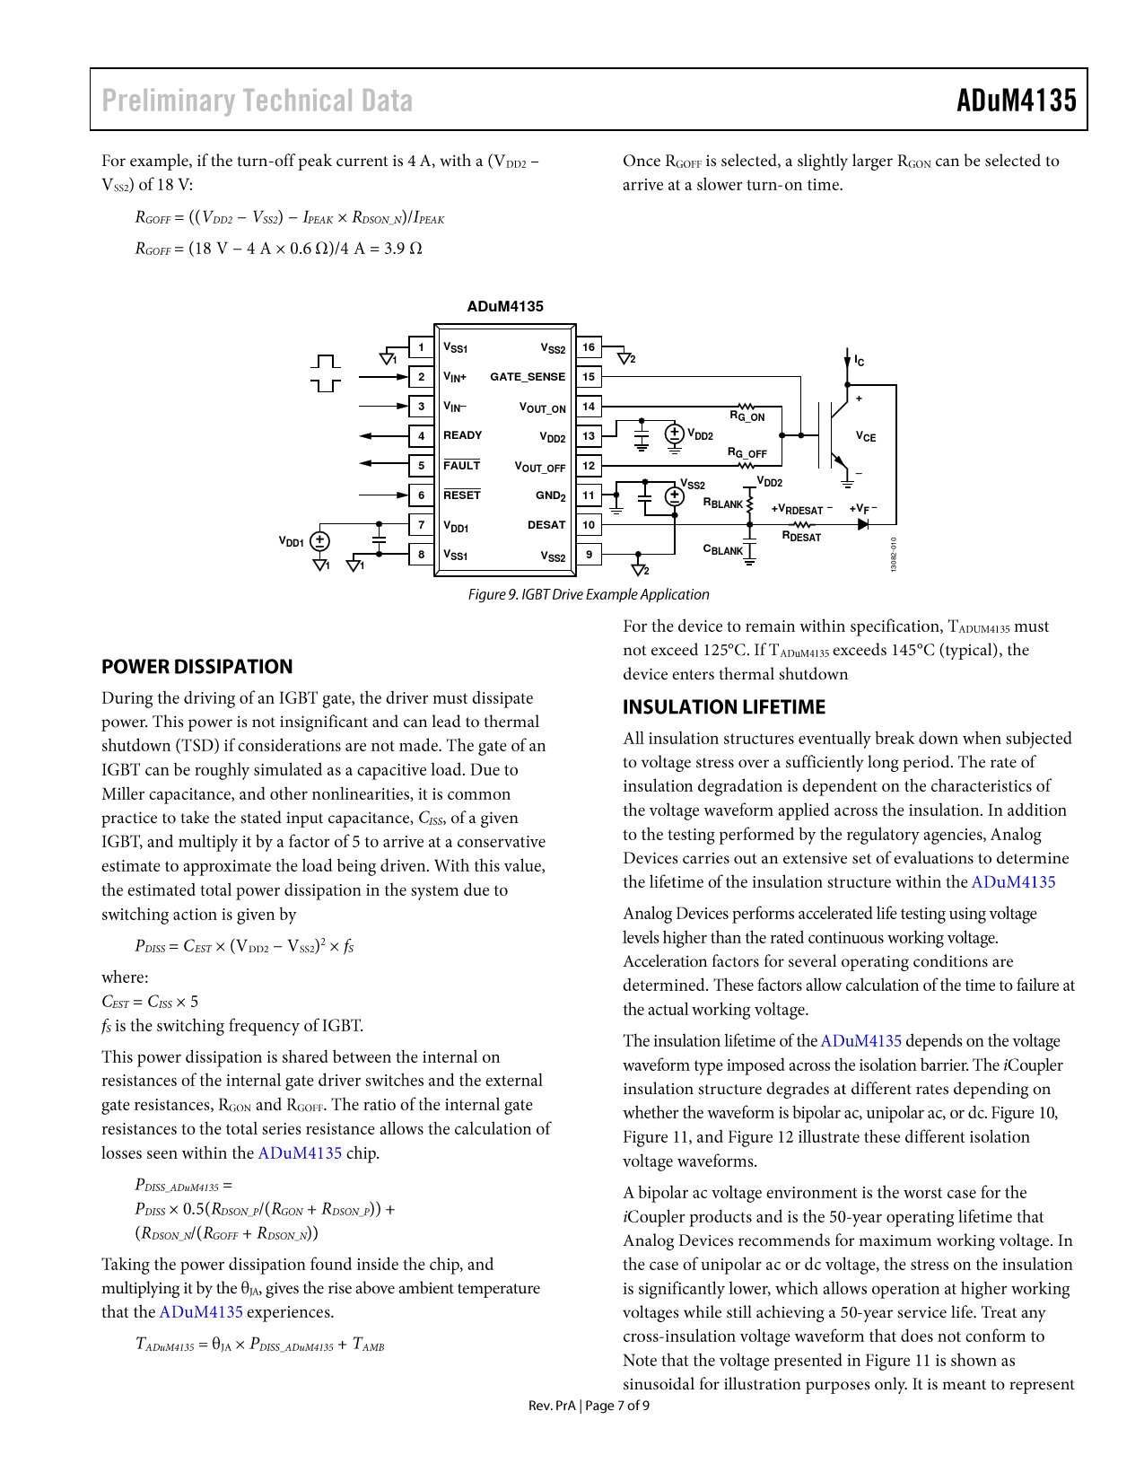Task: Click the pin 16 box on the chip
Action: coord(589,347)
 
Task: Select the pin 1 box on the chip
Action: coord(421,347)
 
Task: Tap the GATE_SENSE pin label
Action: coord(528,377)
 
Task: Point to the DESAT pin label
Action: coord(546,525)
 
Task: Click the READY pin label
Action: coord(462,435)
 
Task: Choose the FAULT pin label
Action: coord(461,465)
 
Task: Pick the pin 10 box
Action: coord(589,525)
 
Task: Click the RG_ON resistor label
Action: coord(747,416)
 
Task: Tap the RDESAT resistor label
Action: coord(801,537)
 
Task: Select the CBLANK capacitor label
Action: coord(722,549)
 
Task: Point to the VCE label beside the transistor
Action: coord(865,437)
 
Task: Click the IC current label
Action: coord(859,361)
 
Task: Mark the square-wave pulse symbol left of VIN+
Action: coord(326,373)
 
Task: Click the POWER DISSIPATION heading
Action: coord(196,667)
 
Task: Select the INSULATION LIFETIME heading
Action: coord(723,707)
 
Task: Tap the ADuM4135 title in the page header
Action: coord(1016,100)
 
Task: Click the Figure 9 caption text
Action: coord(588,594)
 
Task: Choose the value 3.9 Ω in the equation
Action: coord(403,249)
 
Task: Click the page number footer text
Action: coord(589,1406)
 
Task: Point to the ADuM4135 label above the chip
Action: coord(505,306)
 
